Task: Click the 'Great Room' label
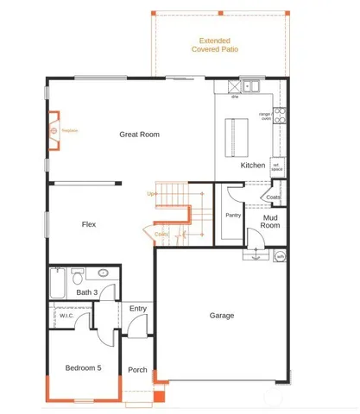tap(139, 135)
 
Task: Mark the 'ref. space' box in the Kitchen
tap(277, 167)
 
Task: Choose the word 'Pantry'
tap(231, 215)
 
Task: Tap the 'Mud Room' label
tap(270, 222)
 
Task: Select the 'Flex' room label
tap(88, 224)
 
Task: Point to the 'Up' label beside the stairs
tap(152, 194)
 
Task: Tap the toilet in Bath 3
tap(77, 277)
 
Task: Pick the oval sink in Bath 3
tap(103, 273)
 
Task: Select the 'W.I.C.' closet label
tap(66, 317)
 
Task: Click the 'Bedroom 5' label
tap(84, 367)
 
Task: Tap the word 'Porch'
tap(138, 371)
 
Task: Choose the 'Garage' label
tap(222, 316)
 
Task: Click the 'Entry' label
tap(137, 309)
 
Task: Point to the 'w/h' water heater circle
tap(280, 256)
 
